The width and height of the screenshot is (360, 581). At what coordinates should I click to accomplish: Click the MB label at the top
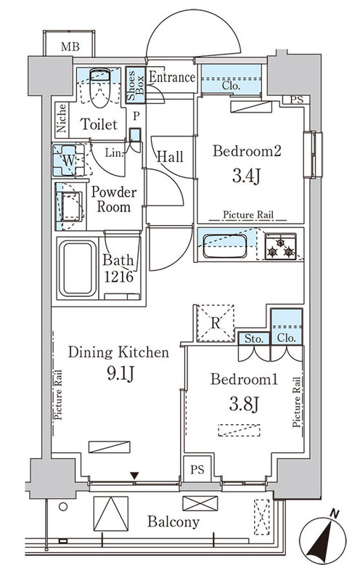tap(70, 46)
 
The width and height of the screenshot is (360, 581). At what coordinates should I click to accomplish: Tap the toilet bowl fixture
tap(100, 87)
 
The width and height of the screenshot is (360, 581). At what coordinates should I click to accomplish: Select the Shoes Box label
tap(135, 85)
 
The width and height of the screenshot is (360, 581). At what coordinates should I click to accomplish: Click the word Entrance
tap(172, 77)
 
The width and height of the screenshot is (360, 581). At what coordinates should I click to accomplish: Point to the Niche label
tap(62, 118)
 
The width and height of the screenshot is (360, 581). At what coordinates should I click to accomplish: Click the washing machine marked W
tap(69, 160)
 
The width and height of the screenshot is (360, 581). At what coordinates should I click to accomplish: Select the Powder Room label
tap(113, 199)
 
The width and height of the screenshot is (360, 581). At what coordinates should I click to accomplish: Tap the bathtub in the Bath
tap(78, 269)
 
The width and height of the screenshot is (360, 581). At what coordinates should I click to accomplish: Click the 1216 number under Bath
tap(118, 277)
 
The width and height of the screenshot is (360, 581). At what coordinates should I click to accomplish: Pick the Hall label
tap(170, 156)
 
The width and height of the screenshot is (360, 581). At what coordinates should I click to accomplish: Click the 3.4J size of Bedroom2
tap(247, 176)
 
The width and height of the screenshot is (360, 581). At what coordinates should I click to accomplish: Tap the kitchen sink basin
tap(225, 246)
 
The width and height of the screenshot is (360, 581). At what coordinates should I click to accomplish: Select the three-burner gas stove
tap(281, 246)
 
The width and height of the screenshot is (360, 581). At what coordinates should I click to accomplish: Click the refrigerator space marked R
tap(215, 322)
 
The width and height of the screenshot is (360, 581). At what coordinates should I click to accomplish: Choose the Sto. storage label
tap(254, 338)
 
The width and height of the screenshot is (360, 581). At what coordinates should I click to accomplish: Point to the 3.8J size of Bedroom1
tap(243, 404)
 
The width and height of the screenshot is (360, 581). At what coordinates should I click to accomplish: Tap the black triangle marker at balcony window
tap(134, 476)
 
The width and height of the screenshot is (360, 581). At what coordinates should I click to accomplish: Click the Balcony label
tap(173, 521)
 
